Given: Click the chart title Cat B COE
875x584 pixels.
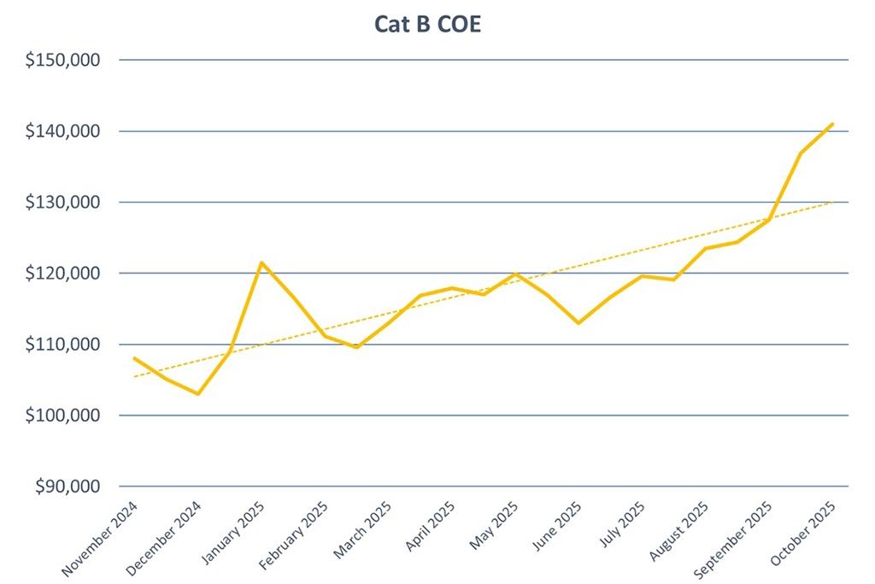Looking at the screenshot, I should [x=427, y=23].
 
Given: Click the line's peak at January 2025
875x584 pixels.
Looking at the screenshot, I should [x=261, y=263].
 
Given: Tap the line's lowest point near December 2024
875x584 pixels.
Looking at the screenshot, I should [x=197, y=393].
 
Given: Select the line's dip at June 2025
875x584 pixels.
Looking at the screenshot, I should [x=578, y=323].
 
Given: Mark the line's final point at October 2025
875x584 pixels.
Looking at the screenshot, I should [x=832, y=124].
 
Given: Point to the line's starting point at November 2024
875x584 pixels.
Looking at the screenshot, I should [x=134, y=358].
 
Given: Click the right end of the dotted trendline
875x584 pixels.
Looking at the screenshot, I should [x=832, y=202].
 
